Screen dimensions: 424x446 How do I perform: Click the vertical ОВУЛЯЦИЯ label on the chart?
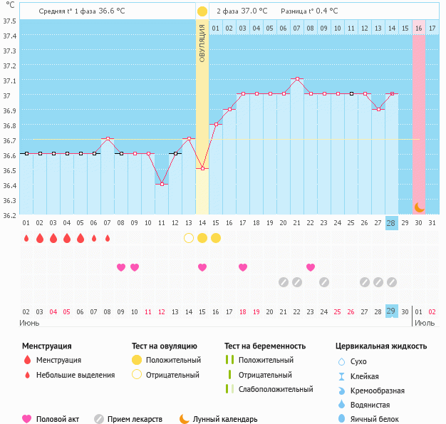pos(202,43)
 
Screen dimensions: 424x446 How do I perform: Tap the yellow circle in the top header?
pos(202,11)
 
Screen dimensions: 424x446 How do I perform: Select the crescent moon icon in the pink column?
pos(420,207)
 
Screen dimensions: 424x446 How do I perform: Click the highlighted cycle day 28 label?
pos(391,223)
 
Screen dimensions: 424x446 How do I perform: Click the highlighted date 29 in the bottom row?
pos(391,311)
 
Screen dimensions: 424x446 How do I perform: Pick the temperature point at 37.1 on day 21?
pos(297,78)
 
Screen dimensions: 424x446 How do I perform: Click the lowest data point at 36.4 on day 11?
pos(162,184)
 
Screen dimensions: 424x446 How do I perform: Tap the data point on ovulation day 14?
pos(202,168)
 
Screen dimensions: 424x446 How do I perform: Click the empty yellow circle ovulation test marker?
pos(189,237)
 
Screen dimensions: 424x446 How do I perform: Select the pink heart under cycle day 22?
pos(311,267)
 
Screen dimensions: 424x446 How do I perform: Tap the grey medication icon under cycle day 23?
pos(324,281)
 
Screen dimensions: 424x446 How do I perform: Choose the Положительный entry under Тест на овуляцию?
pos(173,360)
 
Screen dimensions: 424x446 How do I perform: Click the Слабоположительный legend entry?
pos(276,389)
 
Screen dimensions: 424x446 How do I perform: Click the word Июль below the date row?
pos(425,323)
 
